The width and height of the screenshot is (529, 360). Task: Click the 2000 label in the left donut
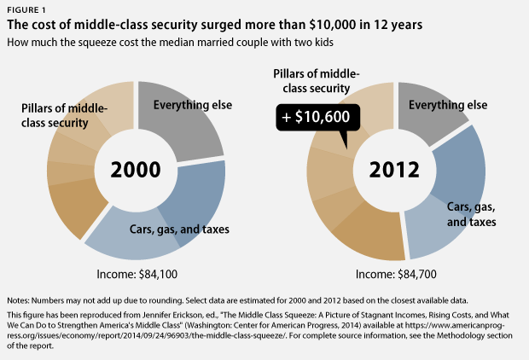click(136, 167)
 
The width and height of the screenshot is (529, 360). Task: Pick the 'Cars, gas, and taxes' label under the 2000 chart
click(178, 228)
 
